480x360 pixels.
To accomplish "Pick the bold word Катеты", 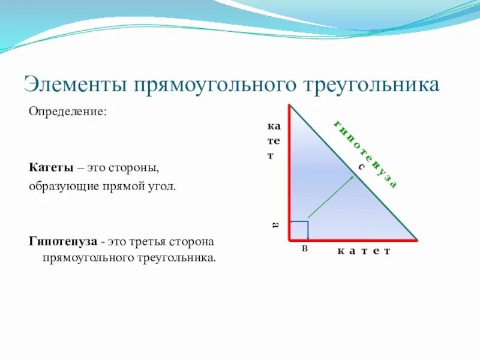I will pyautogui.click(x=50, y=166).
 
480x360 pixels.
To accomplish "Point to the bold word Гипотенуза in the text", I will pyautogui.click(x=63, y=241).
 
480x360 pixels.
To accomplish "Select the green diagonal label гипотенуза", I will pyautogui.click(x=365, y=154).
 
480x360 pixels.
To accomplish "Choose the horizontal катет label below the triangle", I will pyautogui.click(x=364, y=251).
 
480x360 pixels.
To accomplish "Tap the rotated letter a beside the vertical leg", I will pyautogui.click(x=275, y=226).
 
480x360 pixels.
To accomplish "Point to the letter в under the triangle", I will pyautogui.click(x=304, y=248).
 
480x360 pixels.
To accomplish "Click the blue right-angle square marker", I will pyautogui.click(x=299, y=230).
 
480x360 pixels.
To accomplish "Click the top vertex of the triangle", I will pyautogui.click(x=290, y=106).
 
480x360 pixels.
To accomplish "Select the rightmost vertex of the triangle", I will pyautogui.click(x=416, y=239).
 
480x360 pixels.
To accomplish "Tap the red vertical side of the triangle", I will pyautogui.click(x=290, y=174).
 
